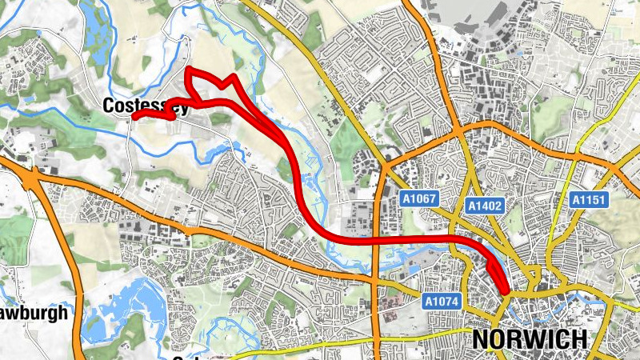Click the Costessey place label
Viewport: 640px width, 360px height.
tap(146, 106)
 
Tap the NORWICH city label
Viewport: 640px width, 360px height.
tap(530, 339)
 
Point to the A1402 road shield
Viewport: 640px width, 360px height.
tap(486, 206)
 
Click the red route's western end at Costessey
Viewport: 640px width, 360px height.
tap(134, 117)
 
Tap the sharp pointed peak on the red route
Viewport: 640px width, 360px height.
tap(232, 77)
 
